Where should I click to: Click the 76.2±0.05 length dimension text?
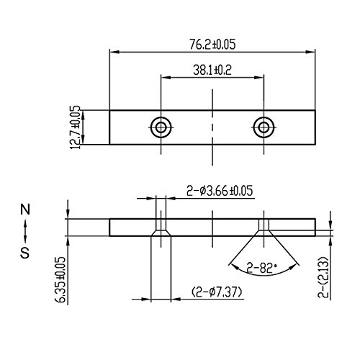(x=212, y=45)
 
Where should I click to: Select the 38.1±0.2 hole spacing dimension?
(x=212, y=71)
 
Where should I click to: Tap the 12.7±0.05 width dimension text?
(x=76, y=127)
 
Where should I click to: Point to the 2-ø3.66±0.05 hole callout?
(x=220, y=191)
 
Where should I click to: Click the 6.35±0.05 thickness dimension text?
(x=61, y=279)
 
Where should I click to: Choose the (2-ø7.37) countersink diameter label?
(x=217, y=292)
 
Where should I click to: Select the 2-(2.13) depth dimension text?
(x=323, y=277)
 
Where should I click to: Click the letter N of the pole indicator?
(x=25, y=210)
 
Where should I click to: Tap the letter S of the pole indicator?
(x=25, y=253)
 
